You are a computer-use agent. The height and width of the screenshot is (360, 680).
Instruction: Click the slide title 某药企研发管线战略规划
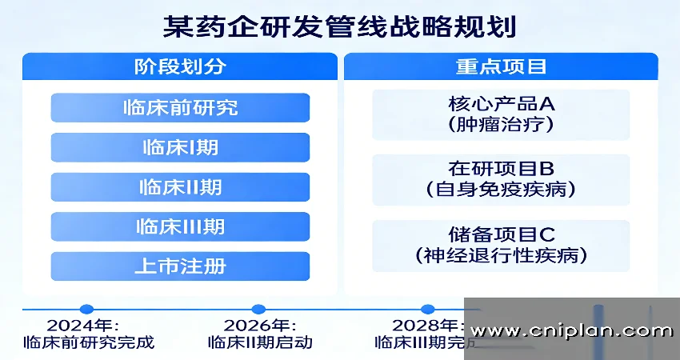pos(339,26)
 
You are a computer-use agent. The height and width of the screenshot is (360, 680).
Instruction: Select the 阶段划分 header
pos(180,66)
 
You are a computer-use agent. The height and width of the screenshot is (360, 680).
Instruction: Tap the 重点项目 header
pos(501,66)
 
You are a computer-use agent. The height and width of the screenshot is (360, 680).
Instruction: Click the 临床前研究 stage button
pos(180,107)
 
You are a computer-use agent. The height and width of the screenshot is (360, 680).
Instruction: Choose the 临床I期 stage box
pos(180,147)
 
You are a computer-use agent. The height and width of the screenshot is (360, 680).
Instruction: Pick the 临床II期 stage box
pos(180,187)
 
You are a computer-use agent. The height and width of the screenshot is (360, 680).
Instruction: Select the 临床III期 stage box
pos(180,226)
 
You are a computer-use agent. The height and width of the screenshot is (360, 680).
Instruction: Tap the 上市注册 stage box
pos(180,266)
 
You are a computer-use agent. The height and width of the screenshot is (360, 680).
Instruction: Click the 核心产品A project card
pos(501,114)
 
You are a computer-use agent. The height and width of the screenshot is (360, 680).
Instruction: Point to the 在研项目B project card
pos(501,179)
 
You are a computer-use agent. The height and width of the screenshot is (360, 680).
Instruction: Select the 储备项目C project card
pos(501,246)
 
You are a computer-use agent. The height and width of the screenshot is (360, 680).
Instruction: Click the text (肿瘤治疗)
pos(501,126)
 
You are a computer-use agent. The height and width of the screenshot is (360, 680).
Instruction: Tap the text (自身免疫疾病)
pos(501,190)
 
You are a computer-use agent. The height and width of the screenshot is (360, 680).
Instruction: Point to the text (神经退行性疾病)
pos(501,256)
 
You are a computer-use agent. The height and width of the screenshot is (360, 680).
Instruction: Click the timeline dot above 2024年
pos(87,309)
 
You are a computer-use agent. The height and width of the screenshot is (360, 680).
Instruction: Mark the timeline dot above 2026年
pos(258,309)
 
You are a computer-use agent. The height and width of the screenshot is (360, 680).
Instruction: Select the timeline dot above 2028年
pos(428,309)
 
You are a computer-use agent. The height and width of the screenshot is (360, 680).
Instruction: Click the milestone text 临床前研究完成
pos(87,342)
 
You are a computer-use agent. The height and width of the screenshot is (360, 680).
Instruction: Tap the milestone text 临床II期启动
pos(259,342)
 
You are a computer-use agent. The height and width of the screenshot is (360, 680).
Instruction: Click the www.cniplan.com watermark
pos(571,330)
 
